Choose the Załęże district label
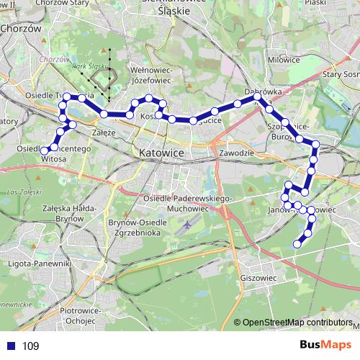pos(105,133)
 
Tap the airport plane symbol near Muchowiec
pos(188,225)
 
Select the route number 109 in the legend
pos(31,346)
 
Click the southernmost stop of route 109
pos(297,245)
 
